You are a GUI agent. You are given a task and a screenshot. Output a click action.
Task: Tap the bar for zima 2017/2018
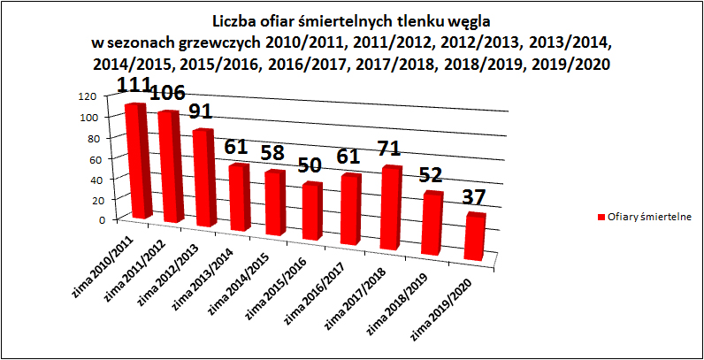391,209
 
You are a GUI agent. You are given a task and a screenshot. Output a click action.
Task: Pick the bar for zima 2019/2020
475,238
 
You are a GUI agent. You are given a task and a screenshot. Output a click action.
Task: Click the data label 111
135,85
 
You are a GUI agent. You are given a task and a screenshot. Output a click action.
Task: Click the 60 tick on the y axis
88,157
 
